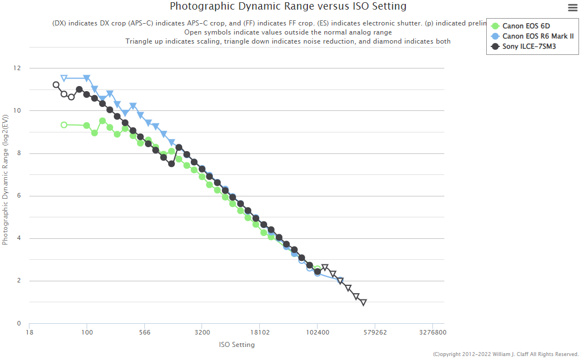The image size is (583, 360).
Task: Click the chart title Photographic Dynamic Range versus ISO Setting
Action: (x=288, y=7)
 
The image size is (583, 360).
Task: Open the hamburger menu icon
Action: (x=572, y=7)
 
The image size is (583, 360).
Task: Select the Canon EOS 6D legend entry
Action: (x=526, y=26)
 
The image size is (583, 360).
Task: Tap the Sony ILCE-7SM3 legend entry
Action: (x=529, y=46)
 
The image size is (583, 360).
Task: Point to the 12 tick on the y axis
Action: (x=17, y=68)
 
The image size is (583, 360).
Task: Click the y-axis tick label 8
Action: (x=19, y=153)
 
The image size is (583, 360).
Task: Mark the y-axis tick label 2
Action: (x=19, y=281)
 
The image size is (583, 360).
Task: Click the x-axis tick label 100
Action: (x=87, y=333)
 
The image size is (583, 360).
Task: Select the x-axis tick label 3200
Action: (x=202, y=333)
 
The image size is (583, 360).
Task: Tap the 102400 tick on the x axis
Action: (x=317, y=333)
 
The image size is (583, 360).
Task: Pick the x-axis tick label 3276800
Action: (x=432, y=333)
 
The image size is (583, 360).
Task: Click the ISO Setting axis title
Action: (x=237, y=345)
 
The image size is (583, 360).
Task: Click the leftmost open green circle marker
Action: (x=64, y=125)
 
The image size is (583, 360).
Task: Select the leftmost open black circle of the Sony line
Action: (x=56, y=85)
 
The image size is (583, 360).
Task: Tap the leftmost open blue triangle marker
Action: (x=64, y=78)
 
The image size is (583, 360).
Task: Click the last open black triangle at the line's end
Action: (x=363, y=302)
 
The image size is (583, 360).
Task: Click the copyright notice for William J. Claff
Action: (x=506, y=354)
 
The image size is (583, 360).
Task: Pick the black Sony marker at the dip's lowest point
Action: (x=172, y=164)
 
